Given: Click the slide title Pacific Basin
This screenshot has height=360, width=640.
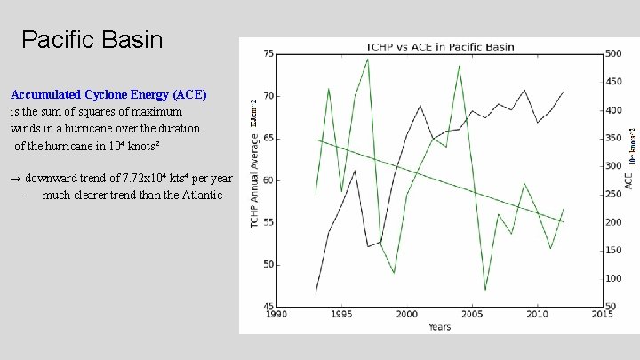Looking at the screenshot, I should pyautogui.click(x=92, y=40).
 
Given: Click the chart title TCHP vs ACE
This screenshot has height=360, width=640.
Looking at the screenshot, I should pyautogui.click(x=440, y=45).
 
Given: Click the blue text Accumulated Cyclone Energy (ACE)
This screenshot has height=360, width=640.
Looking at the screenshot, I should pyautogui.click(x=108, y=94).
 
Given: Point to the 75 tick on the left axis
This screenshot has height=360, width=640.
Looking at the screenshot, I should pyautogui.click(x=268, y=54).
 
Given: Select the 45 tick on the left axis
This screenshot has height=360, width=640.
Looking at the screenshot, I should pyautogui.click(x=268, y=308).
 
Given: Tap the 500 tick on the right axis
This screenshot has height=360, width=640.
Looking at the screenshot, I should pyautogui.click(x=613, y=54).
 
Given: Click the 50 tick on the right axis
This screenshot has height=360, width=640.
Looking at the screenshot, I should pyautogui.click(x=612, y=308).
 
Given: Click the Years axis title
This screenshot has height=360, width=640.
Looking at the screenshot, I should pyautogui.click(x=439, y=327).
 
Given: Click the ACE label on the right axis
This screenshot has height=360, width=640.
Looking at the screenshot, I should pyautogui.click(x=628, y=180).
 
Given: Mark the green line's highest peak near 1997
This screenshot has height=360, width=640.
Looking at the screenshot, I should pyautogui.click(x=368, y=60).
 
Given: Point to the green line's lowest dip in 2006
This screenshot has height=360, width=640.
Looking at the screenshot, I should pyautogui.click(x=485, y=290).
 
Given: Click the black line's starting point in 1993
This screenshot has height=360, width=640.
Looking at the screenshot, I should pyautogui.click(x=316, y=293).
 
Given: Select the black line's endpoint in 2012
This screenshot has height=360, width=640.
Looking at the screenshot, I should pyautogui.click(x=564, y=92).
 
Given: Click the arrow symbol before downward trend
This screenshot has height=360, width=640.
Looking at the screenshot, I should pyautogui.click(x=16, y=178).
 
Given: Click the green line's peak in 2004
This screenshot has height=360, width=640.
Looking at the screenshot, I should pyautogui.click(x=459, y=66).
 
